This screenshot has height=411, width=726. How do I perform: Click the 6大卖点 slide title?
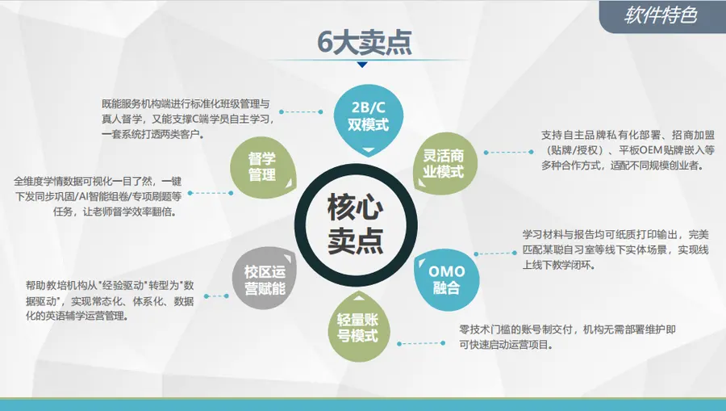pos(365,43)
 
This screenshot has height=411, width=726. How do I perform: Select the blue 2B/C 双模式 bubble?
pos(369,120)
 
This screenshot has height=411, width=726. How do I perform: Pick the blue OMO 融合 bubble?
pos(446,279)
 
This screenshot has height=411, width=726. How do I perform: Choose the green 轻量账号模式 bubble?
pos(358,327)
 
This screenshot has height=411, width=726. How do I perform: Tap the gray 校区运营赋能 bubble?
pos(265,279)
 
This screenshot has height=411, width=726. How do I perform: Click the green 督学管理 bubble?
pos(262,167)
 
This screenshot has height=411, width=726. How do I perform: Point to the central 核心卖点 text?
pos(356,224)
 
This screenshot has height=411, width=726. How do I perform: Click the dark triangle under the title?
pos(362,65)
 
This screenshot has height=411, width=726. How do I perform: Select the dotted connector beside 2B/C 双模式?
pos(301,111)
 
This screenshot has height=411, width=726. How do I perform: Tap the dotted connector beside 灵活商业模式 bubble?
pos(508,152)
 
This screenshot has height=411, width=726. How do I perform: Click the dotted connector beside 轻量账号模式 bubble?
pos(421,343)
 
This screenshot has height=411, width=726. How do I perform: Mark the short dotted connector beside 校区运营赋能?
pos(216,296)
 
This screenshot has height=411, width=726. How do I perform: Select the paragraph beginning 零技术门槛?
pos(568,337)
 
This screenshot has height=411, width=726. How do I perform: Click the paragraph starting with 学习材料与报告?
pos(615,250)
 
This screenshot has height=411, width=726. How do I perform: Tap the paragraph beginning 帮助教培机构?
pos(110,300)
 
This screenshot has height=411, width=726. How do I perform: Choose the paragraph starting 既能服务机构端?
pos(187,119)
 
